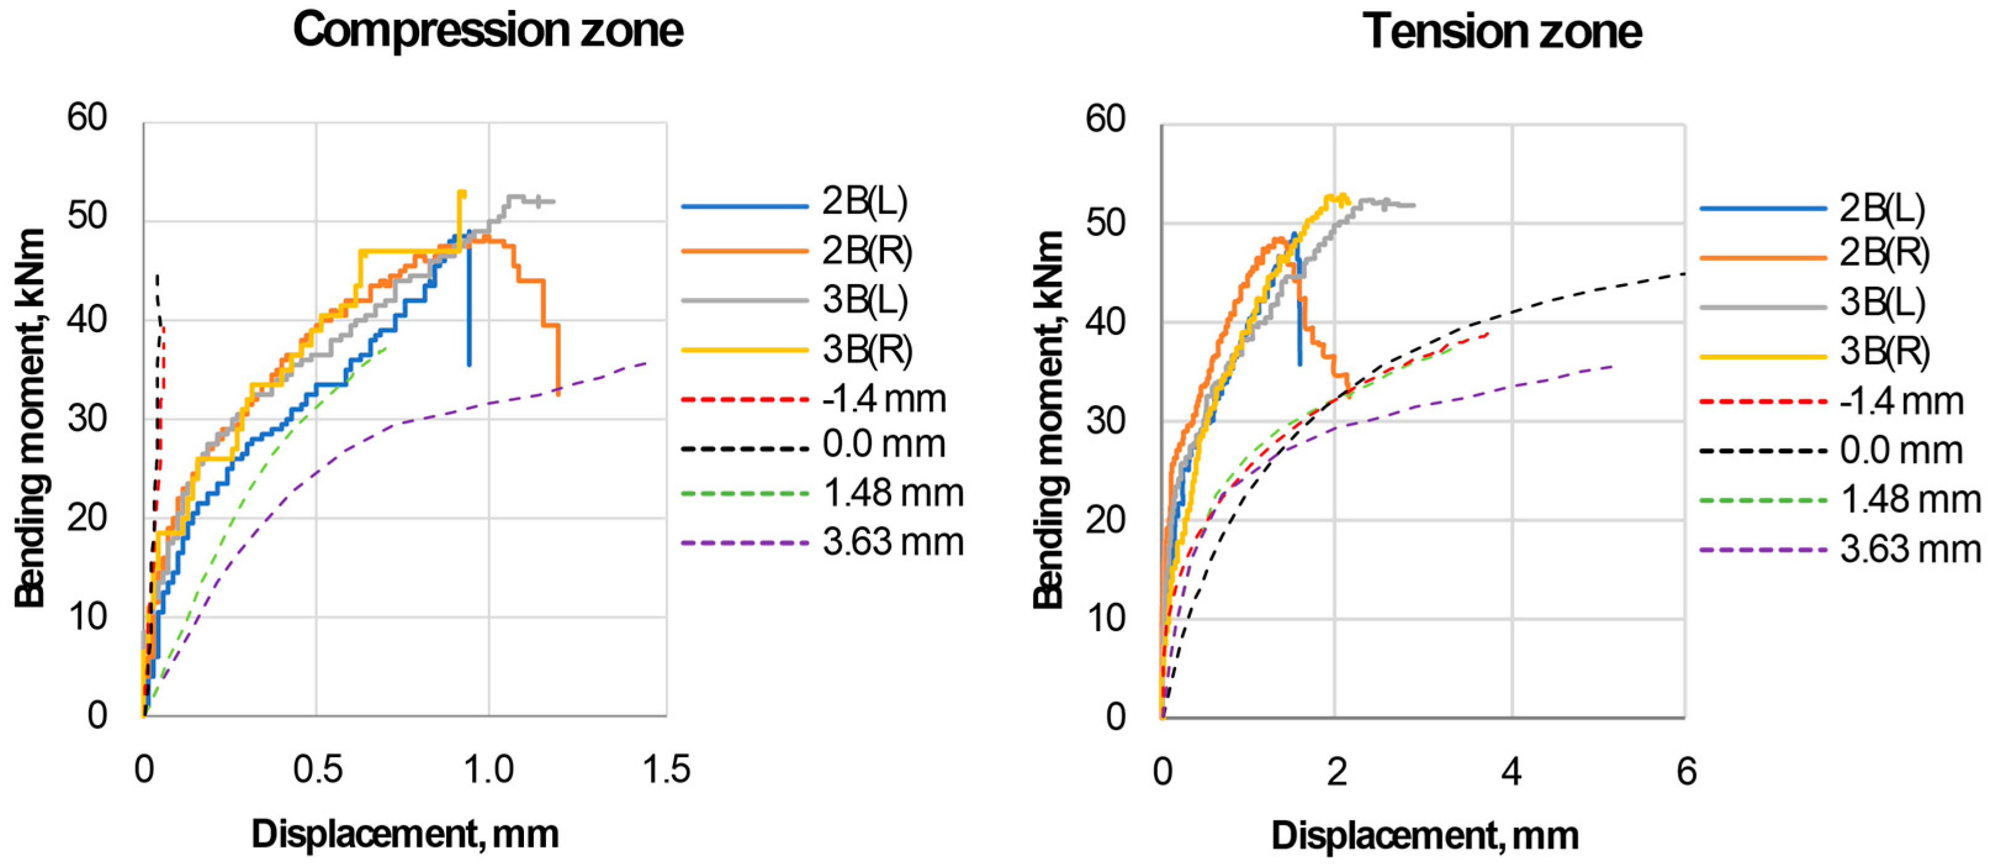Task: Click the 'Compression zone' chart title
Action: coord(488,31)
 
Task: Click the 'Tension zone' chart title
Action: coord(1502,33)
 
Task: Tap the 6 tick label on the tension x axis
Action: coord(1686,772)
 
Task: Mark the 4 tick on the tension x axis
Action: coord(1511,772)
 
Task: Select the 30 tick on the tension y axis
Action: coord(1106,422)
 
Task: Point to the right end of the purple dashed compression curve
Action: coord(647,362)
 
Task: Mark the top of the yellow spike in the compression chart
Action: coord(461,192)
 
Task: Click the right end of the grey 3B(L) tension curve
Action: coord(1414,205)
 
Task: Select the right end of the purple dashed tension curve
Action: coord(1614,366)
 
